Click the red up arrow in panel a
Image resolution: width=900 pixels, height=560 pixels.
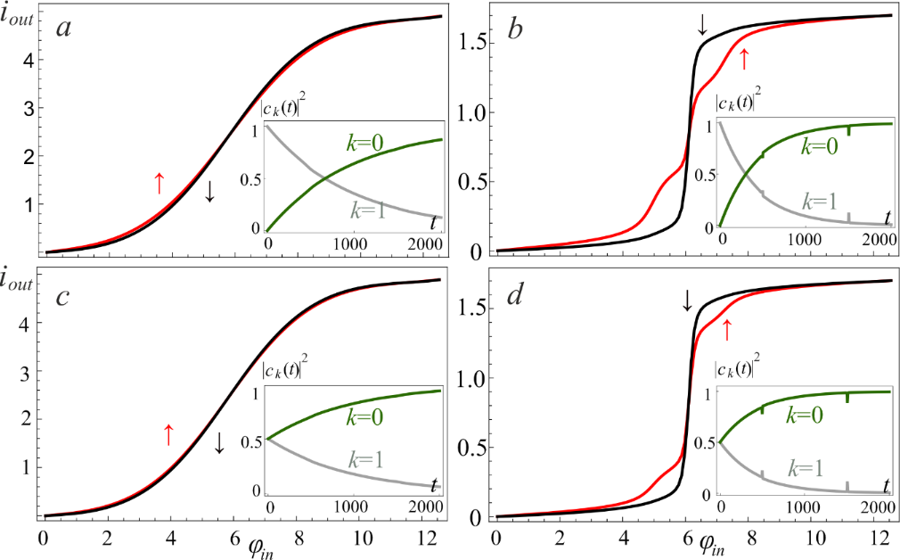[x=159, y=183]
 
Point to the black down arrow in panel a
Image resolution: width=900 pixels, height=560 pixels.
[x=209, y=190]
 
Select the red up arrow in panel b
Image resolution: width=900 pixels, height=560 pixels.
[x=744, y=61]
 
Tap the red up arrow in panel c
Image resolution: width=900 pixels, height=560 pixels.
[x=168, y=434]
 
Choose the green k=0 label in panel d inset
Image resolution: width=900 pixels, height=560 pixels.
[x=815, y=415]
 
